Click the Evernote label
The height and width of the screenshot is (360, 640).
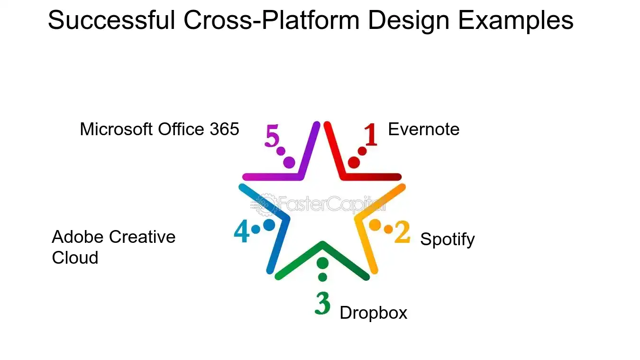coord(423,129)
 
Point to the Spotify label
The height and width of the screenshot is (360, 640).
coord(447,239)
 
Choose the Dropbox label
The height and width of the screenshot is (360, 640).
coord(374,313)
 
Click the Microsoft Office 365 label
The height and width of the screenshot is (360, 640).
coord(159,129)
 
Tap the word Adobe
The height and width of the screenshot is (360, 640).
coord(78,237)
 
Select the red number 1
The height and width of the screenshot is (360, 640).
coord(370,135)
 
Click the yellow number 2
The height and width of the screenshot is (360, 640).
coord(402,232)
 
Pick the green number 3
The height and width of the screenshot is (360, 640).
coord(322,304)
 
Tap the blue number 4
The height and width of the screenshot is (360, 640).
coord(242,232)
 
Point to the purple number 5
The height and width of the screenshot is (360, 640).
coord(272,136)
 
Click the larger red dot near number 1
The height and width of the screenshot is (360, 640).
coord(354,163)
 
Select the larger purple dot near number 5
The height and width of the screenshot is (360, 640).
coord(289,163)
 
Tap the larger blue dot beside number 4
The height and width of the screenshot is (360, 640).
coord(269,225)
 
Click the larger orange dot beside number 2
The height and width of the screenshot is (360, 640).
coord(375,225)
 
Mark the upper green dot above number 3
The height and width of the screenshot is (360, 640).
coord(322,263)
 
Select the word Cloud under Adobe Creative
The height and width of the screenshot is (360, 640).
coord(75,258)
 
